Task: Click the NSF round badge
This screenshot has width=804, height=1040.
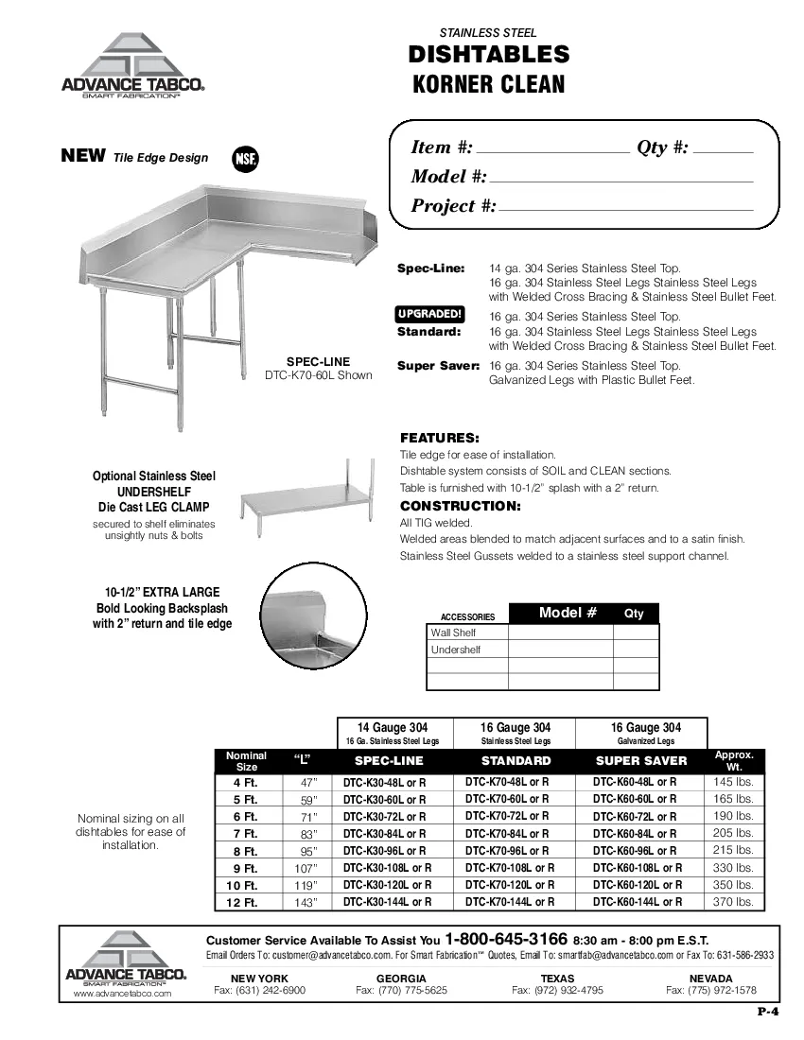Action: (245, 158)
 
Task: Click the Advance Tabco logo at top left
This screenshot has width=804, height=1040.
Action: (132, 66)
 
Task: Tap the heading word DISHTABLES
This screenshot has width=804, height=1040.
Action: (489, 55)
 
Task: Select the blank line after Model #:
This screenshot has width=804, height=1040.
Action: (621, 178)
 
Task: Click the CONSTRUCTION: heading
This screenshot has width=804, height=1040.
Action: (460, 506)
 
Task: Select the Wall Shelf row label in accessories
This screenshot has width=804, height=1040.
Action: (453, 633)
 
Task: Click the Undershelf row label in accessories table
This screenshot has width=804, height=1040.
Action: (455, 650)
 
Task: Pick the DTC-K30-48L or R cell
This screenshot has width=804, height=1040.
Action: (384, 783)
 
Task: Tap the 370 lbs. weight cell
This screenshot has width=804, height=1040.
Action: (733, 902)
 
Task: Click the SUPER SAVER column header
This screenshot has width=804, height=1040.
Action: (641, 760)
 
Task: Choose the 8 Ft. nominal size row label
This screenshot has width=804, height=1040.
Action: (245, 851)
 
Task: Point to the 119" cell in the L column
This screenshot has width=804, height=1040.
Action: (307, 885)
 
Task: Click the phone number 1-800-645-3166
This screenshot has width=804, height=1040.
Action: (506, 940)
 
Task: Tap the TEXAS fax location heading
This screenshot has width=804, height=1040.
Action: (557, 978)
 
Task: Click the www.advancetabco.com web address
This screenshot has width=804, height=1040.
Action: (122, 994)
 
